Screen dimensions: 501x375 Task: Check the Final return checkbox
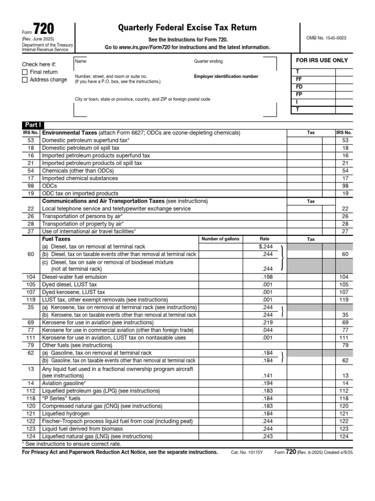point(25,72)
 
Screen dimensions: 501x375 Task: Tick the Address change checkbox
point(25,80)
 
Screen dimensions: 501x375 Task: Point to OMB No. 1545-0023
point(327,38)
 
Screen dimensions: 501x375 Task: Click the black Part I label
point(32,125)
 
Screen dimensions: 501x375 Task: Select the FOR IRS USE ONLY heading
point(322,60)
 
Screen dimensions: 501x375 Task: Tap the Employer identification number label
point(226,76)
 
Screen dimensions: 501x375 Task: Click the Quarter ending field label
point(208,61)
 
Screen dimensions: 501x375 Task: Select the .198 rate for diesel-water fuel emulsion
point(268,277)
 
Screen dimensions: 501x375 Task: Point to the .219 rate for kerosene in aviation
point(268,322)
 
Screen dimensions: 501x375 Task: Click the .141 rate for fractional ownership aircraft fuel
point(268,375)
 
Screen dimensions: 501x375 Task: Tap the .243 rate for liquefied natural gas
point(268,436)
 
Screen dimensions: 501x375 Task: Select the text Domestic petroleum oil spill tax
point(81,148)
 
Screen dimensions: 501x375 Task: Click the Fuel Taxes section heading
point(56,239)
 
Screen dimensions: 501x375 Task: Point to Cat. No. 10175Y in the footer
point(247,453)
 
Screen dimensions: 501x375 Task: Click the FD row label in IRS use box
point(299,87)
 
